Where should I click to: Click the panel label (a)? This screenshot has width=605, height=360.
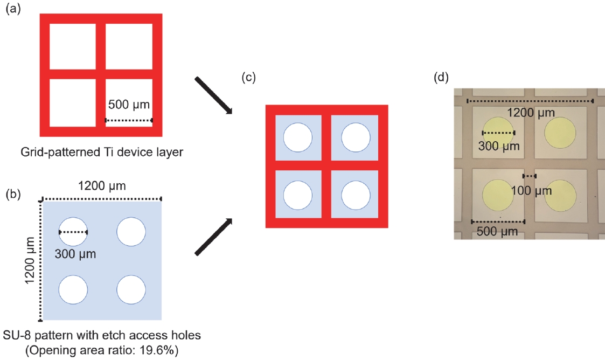pyautogui.click(x=13, y=9)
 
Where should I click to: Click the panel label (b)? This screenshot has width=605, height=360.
pyautogui.click(x=13, y=193)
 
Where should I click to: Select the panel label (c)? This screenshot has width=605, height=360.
pyautogui.click(x=248, y=77)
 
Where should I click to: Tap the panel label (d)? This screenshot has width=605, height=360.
pyautogui.click(x=441, y=77)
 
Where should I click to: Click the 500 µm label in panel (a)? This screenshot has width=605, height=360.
pyautogui.click(x=129, y=105)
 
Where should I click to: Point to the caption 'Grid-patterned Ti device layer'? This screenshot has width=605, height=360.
pyautogui.click(x=102, y=152)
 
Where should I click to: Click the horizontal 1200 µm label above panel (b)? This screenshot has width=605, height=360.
pyautogui.click(x=102, y=186)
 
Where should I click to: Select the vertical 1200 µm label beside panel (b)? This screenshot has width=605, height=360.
pyautogui.click(x=30, y=260)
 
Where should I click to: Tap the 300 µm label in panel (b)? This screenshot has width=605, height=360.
pyautogui.click(x=75, y=254)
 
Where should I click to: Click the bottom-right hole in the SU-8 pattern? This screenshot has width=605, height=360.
pyautogui.click(x=131, y=289)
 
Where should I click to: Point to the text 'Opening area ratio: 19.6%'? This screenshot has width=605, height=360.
pyautogui.click(x=102, y=350)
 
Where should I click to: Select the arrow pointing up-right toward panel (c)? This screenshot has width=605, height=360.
pyautogui.click(x=214, y=237)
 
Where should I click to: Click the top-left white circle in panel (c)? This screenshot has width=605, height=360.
pyautogui.click(x=298, y=137)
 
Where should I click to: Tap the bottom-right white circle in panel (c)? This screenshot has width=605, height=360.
pyautogui.click(x=356, y=195)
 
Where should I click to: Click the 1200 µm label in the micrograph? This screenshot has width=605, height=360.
pyautogui.click(x=531, y=113)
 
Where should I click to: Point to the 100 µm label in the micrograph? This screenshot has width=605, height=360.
pyautogui.click(x=531, y=191)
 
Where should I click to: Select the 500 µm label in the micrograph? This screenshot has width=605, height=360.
pyautogui.click(x=497, y=232)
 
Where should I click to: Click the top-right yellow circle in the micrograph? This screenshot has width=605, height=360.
pyautogui.click(x=560, y=133)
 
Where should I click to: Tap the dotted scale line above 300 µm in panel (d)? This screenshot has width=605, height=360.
pyautogui.click(x=498, y=133)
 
